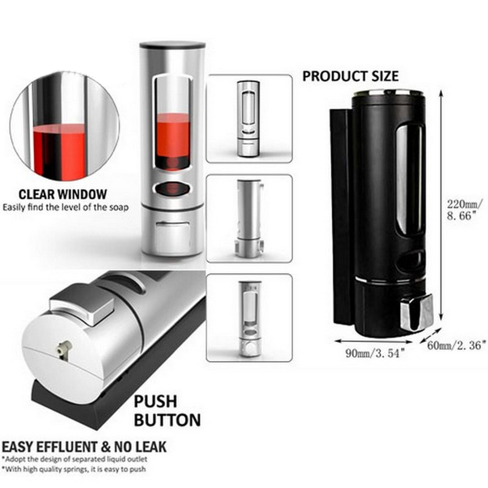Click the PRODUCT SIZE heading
[x=351, y=76]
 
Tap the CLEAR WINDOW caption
[x=62, y=195]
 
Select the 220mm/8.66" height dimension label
[x=462, y=209]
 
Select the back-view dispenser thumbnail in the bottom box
[x=249, y=319]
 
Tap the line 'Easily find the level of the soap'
[x=66, y=208]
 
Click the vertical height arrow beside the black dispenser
[x=441, y=206]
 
